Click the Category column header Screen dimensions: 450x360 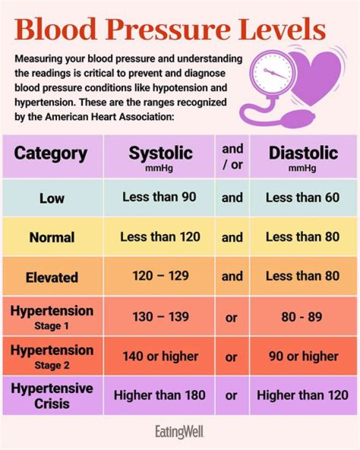pos(50,153)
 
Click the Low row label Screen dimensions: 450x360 pos(52,198)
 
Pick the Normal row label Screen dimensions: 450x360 pos(52,237)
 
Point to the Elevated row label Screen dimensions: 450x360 pos(52,277)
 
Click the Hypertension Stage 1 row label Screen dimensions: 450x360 pos(52,317)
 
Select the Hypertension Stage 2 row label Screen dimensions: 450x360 pos(52,356)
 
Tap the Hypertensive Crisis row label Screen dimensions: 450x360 pos(52,395)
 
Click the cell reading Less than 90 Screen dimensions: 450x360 pos(159,197)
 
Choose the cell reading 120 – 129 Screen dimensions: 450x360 pos(160,276)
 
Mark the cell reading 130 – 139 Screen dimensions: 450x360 pos(160,316)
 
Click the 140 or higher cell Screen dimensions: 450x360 pos(160,356)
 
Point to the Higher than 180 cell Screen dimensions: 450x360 pos(159,395)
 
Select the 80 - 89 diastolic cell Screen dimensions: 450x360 pos(302,316)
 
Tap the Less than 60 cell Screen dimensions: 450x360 pos(302,197)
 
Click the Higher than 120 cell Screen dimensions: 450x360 pos(302,395)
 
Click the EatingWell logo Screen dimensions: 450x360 pos(180,431)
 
